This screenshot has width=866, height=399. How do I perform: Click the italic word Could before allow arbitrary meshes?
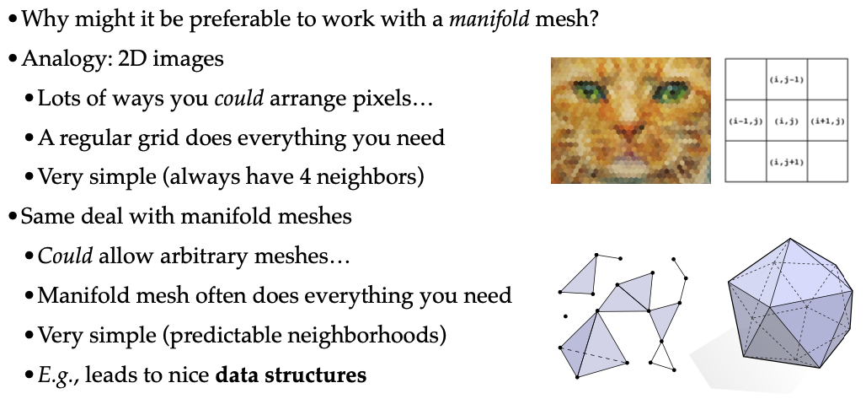click(65, 255)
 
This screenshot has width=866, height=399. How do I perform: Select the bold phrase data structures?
click(291, 374)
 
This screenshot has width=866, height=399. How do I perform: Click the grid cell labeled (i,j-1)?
click(785, 79)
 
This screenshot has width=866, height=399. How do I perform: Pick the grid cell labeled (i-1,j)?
click(745, 121)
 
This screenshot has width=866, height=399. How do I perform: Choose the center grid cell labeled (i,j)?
click(785, 121)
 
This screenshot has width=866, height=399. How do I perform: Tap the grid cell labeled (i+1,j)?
click(826, 121)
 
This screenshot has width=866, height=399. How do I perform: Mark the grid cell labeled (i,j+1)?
click(785, 161)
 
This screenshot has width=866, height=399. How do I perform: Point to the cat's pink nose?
click(625, 132)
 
